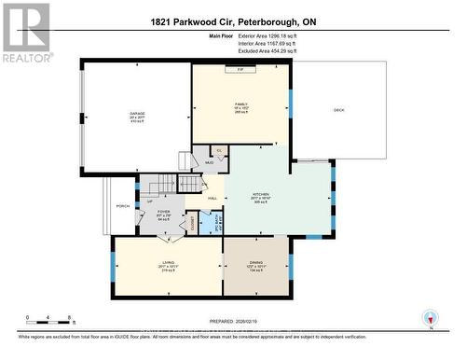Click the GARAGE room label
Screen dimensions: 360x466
point(137,114)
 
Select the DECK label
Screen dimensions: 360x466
point(339,111)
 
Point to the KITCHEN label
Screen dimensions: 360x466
point(260,194)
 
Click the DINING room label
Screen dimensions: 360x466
point(255,262)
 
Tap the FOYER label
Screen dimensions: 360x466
point(163,212)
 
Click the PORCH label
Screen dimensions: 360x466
point(122,206)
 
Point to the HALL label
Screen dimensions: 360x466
point(212,199)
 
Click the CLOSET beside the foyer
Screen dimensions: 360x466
point(194,223)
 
